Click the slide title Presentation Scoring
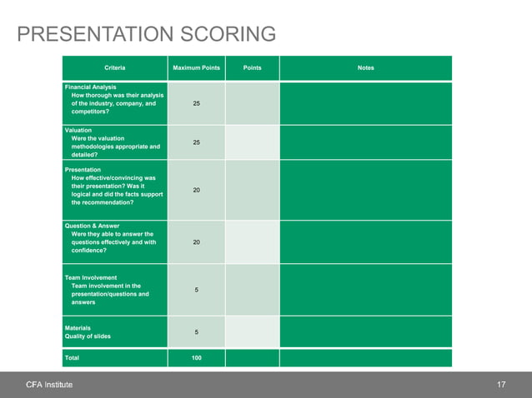tap(147, 34)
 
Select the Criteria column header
tap(115, 67)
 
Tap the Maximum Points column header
tap(196, 67)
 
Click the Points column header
tap(252, 67)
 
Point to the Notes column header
tap(365, 67)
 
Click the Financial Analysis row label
tap(91, 87)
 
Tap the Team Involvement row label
tap(91, 277)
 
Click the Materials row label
tap(78, 327)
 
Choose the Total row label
tap(72, 358)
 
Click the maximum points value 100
tap(196, 358)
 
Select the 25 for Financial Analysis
tap(196, 103)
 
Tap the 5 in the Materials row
tap(196, 332)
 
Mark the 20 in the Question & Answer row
tap(196, 242)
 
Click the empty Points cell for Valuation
tap(252, 142)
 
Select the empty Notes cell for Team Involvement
tap(365, 290)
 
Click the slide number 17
tap(501, 385)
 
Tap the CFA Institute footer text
tap(49, 385)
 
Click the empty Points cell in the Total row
tap(252, 358)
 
